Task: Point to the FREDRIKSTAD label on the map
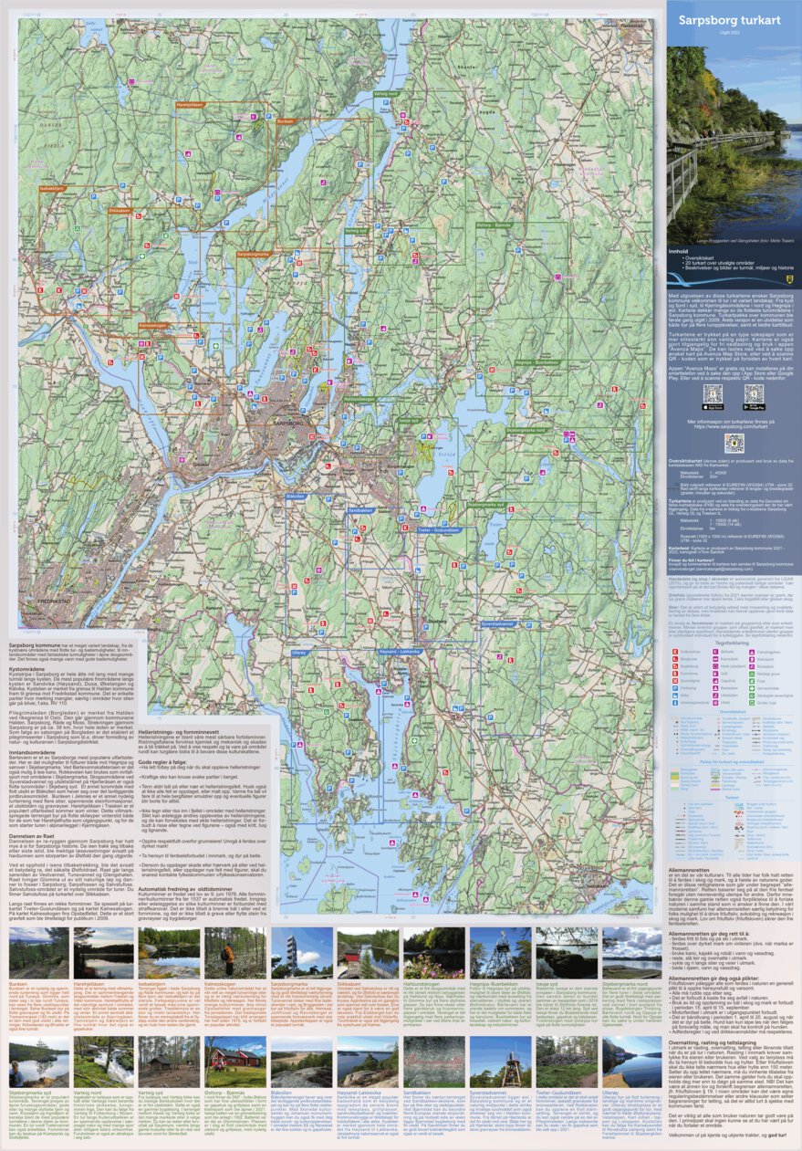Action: pyautogui.click(x=31, y=602)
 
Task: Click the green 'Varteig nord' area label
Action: pyautogui.click(x=386, y=93)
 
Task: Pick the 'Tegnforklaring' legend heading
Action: pyautogui.click(x=732, y=642)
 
